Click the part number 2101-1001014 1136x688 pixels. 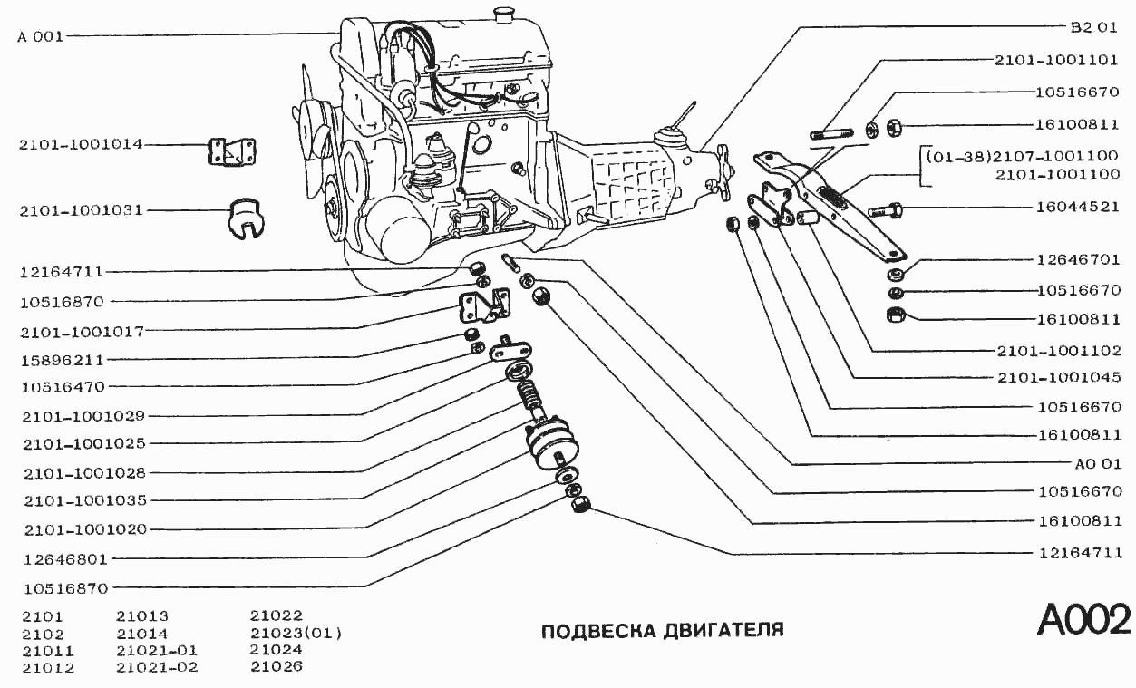tap(81, 145)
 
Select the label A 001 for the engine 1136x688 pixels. tap(41, 37)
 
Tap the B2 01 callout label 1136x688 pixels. tap(1093, 27)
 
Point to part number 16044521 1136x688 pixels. tap(1079, 207)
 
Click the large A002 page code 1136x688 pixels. tap(1083, 620)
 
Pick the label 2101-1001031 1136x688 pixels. tap(81, 211)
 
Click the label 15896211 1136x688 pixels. tap(62, 358)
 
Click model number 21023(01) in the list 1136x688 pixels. tap(296, 633)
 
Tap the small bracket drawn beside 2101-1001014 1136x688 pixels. tap(231, 151)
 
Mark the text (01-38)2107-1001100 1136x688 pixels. tap(1022, 156)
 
